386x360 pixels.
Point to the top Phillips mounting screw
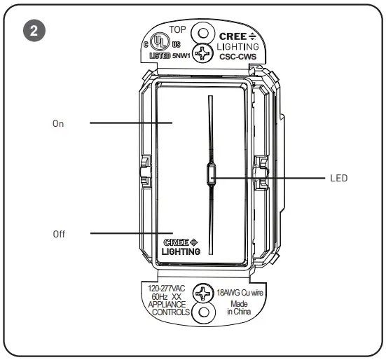pyautogui.click(x=204, y=53)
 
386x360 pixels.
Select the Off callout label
pyautogui.click(x=59, y=234)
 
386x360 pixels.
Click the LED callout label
pyautogui.click(x=339, y=178)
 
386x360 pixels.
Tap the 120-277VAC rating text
pyautogui.click(x=168, y=287)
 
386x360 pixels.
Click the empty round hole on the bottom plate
pyautogui.click(x=203, y=312)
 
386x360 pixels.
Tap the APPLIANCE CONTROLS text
pyautogui.click(x=167, y=310)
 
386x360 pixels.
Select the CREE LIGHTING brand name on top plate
pyautogui.click(x=238, y=41)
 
